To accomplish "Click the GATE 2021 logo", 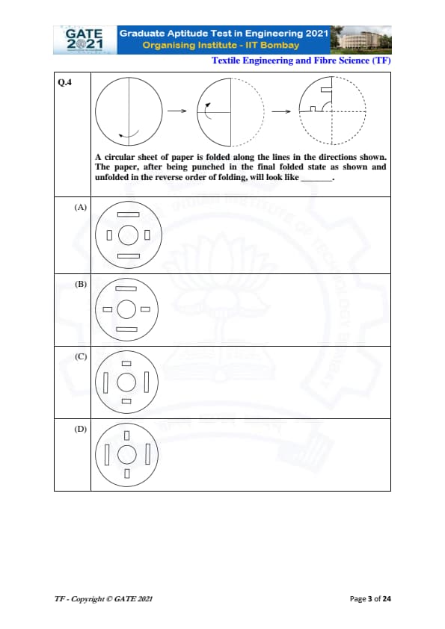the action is (x=85, y=40).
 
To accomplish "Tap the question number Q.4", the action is (x=64, y=82).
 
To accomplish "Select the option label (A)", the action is (x=80, y=207).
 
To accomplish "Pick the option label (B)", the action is (x=80, y=284).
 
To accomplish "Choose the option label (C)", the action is (x=80, y=356).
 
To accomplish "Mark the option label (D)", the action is (x=80, y=429).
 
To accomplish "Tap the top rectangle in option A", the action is (x=129, y=214).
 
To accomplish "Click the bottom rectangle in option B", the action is (x=126, y=329).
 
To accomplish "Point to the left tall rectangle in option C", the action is (x=105, y=382).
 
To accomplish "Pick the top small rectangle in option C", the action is (x=126, y=364).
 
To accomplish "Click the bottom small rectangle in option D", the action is (x=127, y=474).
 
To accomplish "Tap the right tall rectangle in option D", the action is (x=147, y=454).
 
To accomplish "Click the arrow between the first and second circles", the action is (x=177, y=111).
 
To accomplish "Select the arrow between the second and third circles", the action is (x=281, y=111).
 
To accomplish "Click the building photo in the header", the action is (x=360, y=40).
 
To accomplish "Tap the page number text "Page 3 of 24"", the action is (x=370, y=599).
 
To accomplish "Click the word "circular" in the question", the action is (x=119, y=157).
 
